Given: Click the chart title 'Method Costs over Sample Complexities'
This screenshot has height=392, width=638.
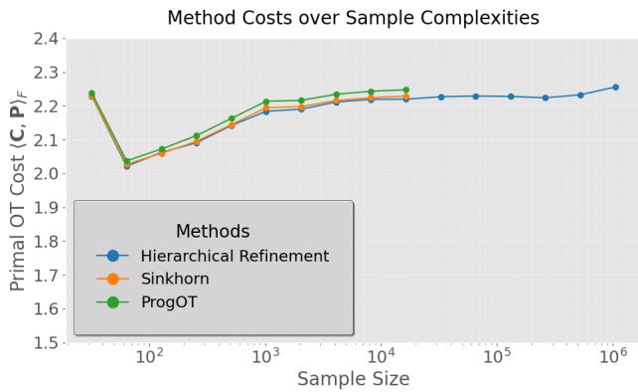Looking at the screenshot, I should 351,17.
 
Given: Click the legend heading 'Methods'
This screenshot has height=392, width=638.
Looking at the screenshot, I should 213,231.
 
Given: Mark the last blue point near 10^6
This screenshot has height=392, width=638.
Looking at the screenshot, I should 615,87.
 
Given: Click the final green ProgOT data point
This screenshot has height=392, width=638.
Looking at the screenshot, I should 405,90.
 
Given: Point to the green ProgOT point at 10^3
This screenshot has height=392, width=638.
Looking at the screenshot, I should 266,101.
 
